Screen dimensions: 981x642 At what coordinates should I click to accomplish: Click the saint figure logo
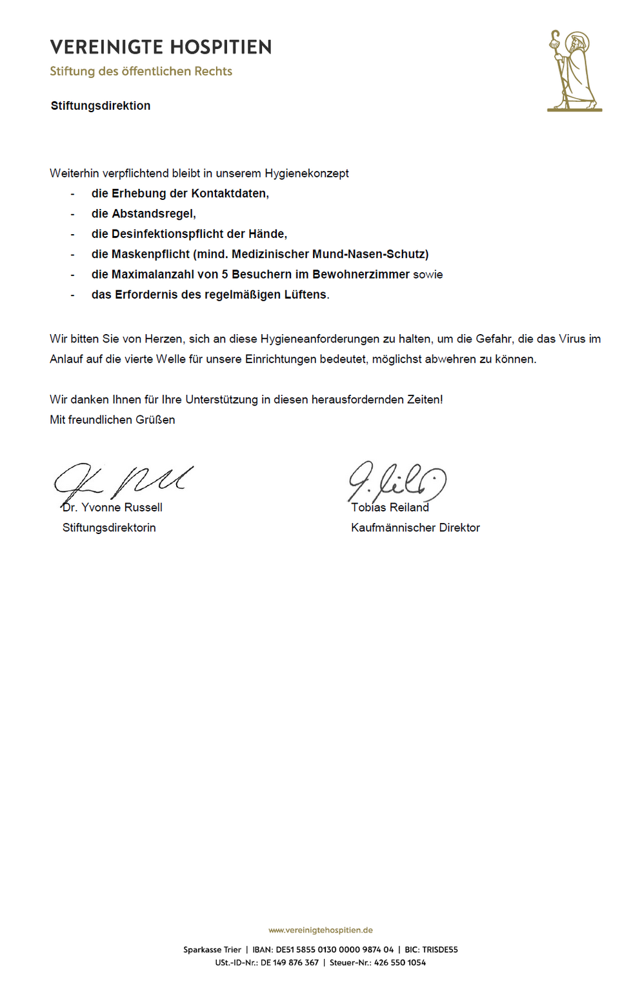coord(574,71)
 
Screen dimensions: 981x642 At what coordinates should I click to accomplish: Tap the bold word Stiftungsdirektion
coord(101,106)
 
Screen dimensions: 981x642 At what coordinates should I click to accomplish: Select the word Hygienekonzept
coord(306,173)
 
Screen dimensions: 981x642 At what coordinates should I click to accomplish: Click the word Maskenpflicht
coord(150,254)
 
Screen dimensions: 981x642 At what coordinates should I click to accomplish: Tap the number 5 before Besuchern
coord(225,274)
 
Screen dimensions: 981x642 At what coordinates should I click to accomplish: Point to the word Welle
coord(170,359)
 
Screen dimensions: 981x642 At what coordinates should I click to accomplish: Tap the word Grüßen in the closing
coord(155,420)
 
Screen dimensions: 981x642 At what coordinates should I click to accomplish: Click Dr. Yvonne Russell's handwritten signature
coord(123,481)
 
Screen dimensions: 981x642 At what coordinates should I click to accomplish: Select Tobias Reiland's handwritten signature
coord(397,481)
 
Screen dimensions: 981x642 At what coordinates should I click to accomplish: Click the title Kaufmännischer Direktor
coord(416,528)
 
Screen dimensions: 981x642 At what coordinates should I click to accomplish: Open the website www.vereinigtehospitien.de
coord(321,930)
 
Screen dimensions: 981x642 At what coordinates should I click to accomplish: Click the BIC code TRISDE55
coord(440,949)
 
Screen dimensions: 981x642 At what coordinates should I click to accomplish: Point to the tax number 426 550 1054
coord(400,962)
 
